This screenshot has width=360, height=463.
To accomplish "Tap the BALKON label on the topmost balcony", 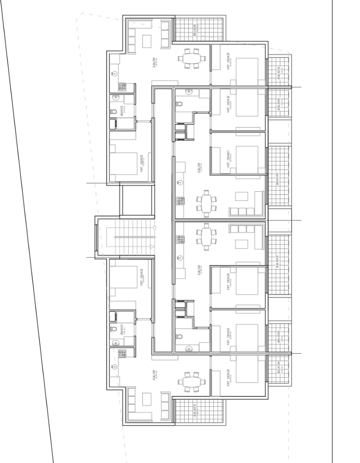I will coord(195,31).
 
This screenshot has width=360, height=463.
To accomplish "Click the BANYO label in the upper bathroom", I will coord(123,110).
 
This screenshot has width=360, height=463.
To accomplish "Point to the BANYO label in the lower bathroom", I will coord(123,330).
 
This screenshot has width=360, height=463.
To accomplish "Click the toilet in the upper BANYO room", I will coord(114,111).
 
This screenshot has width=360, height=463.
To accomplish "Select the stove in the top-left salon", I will coord(122,87).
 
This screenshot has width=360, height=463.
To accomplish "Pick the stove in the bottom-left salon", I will coord(122,353).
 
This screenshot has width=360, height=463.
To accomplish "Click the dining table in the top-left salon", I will coord(192,58).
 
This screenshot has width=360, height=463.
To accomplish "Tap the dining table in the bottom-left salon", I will coord(192,382).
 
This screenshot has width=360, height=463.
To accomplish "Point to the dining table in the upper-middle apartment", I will coord(206,204).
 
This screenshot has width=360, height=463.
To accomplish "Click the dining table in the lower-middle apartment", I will coord(206,237).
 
